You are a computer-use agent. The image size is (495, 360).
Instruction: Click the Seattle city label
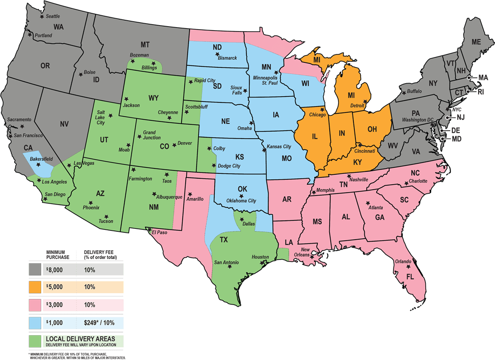click(53, 16)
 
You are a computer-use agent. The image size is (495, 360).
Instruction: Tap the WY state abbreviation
click(153, 98)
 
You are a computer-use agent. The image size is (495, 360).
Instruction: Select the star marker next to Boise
click(80, 74)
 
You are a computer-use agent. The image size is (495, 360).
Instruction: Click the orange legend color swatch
click(35, 287)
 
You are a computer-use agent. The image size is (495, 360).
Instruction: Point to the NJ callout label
click(460, 117)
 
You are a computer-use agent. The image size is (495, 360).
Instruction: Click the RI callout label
click(480, 92)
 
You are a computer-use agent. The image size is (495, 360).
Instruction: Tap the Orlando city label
click(403, 261)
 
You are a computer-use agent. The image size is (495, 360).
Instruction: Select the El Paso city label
click(159, 232)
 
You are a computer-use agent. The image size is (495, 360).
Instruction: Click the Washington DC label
click(418, 120)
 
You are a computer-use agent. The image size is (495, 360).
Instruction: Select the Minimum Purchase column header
click(55, 255)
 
